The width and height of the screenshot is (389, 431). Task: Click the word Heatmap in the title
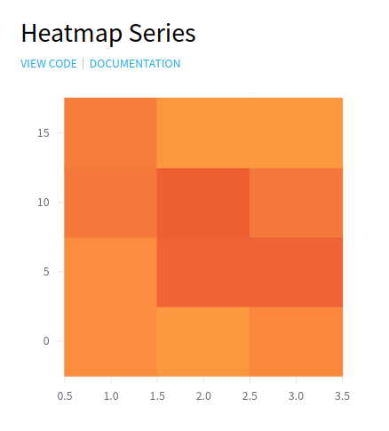click(72, 34)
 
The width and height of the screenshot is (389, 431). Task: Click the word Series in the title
click(163, 33)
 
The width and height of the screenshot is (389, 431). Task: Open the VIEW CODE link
click(49, 64)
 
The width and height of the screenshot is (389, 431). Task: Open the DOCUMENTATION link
click(135, 64)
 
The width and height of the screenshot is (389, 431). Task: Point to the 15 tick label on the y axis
click(44, 133)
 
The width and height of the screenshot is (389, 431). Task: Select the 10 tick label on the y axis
click(44, 203)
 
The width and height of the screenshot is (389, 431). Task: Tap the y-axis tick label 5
click(46, 272)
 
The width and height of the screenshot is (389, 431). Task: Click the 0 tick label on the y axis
click(46, 341)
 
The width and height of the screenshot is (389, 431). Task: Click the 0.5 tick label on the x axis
click(65, 396)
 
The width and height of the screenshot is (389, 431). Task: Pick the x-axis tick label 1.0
click(111, 396)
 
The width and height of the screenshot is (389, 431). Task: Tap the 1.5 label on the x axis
click(157, 396)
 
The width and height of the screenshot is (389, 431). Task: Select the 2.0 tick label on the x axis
click(203, 396)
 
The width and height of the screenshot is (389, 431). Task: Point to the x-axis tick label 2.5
click(250, 396)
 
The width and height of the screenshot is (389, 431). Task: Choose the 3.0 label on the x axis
click(296, 396)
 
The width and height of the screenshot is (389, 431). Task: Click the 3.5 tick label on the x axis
click(342, 396)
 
